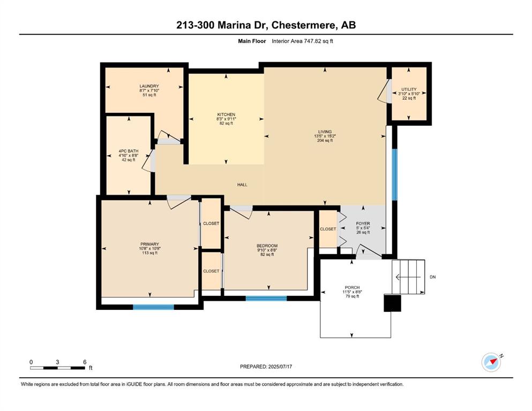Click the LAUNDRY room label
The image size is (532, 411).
(149, 86)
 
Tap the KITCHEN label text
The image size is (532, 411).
(226, 115)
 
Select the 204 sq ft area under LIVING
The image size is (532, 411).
(325, 140)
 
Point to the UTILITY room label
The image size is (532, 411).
(409, 89)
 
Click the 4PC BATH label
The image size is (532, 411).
(129, 151)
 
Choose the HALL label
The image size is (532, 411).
(242, 185)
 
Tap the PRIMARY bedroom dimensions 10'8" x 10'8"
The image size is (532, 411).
(149, 248)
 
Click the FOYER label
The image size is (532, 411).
(363, 224)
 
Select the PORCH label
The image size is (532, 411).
(352, 287)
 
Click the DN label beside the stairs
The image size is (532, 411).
(432, 277)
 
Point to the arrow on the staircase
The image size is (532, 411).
(408, 277)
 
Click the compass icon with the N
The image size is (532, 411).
(491, 362)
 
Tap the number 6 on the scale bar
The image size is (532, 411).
(85, 362)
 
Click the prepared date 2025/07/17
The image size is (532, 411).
(280, 367)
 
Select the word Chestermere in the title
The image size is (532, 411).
(304, 25)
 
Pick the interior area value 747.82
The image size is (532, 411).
(312, 41)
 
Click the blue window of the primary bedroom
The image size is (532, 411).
(153, 307)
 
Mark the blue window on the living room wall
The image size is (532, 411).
(395, 175)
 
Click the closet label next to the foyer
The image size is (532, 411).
(328, 229)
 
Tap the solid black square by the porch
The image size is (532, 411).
(393, 303)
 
